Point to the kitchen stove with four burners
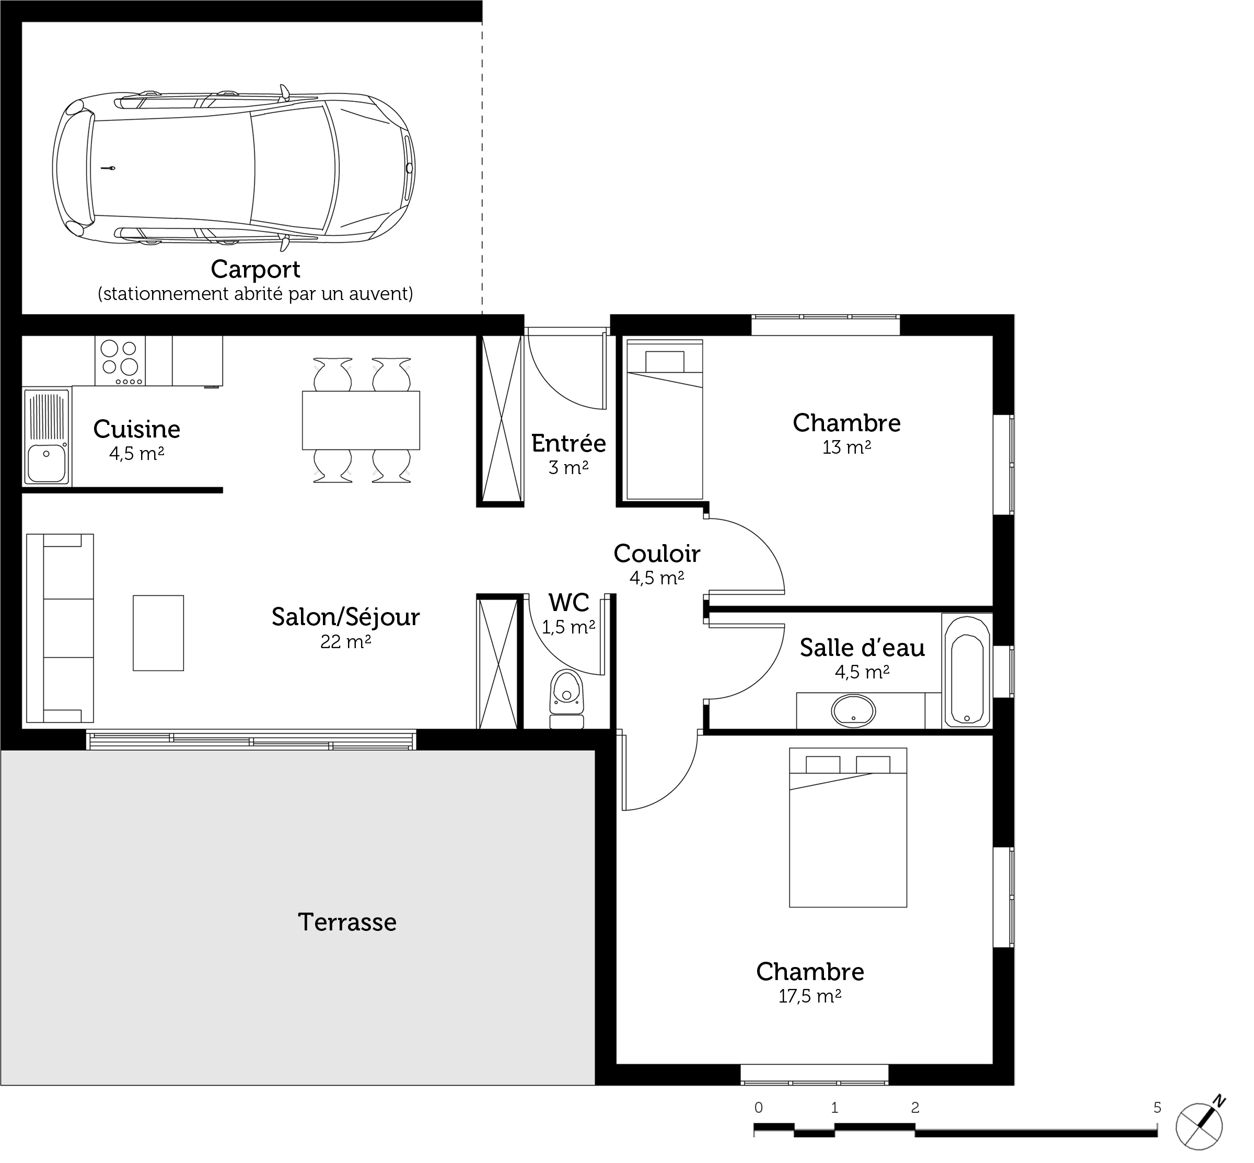coord(120,360)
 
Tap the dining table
coord(361,420)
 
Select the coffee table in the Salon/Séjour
coord(158,633)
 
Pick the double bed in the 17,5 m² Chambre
coord(847,827)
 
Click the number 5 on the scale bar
coord(1156,1108)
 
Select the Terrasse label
coord(347,922)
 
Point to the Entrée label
coord(568,443)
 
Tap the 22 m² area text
coord(345,641)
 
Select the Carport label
coord(256,269)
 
